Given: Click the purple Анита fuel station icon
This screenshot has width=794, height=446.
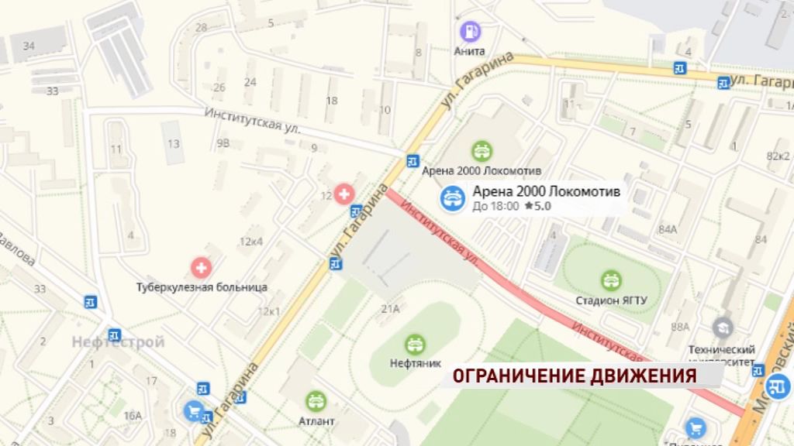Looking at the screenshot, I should click(470, 32).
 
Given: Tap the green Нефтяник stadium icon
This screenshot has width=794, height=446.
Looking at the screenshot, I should click(416, 344).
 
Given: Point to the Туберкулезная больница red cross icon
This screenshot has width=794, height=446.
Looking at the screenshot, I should click(202, 269).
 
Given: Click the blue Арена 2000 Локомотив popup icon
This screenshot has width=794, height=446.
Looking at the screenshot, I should click(453, 199).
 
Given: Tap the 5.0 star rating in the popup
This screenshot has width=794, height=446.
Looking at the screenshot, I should click(537, 206).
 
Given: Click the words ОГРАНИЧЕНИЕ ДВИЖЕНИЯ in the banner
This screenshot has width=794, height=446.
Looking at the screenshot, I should click(575, 376).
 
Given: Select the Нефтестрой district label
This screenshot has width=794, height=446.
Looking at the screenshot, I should click(119, 341).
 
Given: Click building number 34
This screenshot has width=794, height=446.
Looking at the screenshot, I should click(29, 46).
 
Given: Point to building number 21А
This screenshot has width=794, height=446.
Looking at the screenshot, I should click(389, 309).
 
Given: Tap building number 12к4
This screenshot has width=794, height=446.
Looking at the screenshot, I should click(251, 242).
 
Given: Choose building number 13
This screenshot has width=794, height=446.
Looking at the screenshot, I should click(174, 143).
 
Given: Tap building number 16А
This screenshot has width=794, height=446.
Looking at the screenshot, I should click(133, 416).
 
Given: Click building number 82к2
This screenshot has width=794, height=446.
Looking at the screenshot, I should click(778, 156).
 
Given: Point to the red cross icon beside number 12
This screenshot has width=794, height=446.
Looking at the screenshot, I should click(343, 193).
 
